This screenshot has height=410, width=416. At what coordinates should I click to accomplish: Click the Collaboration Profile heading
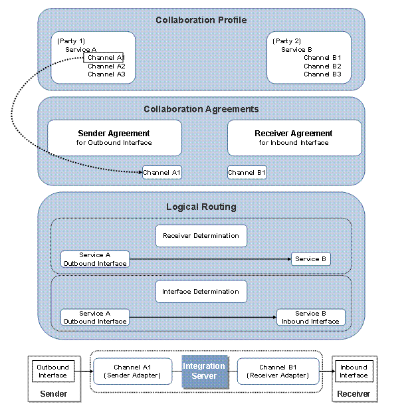click(201, 20)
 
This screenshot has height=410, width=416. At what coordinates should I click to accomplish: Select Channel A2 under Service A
click(106, 66)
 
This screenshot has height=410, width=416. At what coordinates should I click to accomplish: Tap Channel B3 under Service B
click(322, 74)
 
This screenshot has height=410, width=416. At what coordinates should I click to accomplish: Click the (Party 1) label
click(71, 41)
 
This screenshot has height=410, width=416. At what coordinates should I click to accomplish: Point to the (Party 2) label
click(287, 41)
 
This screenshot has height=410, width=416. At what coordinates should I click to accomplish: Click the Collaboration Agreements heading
click(201, 109)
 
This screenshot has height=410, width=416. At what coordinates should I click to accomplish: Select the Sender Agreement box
click(114, 138)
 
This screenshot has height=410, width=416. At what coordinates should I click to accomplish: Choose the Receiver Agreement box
click(294, 138)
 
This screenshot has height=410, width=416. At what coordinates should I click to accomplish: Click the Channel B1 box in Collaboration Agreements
click(247, 173)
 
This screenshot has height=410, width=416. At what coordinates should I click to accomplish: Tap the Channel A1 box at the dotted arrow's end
click(162, 173)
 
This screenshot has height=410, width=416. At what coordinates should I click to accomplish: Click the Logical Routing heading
click(201, 207)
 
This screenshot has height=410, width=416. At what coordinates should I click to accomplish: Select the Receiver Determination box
click(201, 235)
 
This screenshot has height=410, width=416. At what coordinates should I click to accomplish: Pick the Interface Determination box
click(201, 291)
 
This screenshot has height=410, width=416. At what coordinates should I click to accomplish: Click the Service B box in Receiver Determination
click(311, 258)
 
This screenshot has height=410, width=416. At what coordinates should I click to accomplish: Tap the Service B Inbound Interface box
click(310, 318)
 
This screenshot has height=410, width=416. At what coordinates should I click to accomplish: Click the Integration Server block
click(204, 371)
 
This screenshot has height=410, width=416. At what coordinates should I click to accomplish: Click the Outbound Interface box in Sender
click(52, 371)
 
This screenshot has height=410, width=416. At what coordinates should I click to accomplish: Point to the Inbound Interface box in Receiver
click(354, 371)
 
